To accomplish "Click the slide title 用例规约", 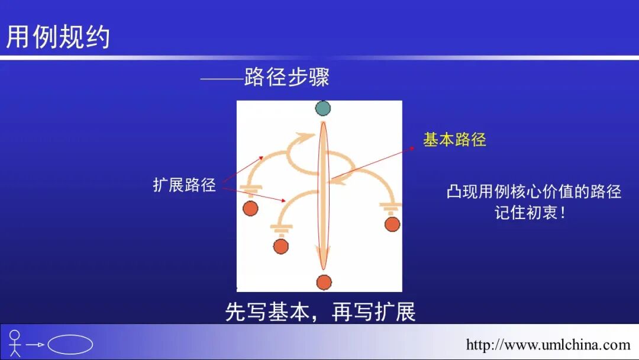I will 58,37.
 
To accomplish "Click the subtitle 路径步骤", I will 286,78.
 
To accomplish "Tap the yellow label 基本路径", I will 454,140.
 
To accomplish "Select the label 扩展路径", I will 184,185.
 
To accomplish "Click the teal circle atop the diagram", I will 322,108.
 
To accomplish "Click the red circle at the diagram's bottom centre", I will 323,282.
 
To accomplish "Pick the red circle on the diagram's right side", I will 392,224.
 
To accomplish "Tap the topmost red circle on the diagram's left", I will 250,208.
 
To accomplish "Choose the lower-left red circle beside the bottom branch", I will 281,246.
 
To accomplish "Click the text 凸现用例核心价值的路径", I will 534,192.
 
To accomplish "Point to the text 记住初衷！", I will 531,213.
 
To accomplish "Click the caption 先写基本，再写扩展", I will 320,312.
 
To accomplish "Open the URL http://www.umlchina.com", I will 548,345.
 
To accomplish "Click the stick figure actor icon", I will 15,343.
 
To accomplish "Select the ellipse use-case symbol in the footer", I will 70,345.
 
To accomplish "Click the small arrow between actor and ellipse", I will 35,345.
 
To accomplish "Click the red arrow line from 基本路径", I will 373,163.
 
